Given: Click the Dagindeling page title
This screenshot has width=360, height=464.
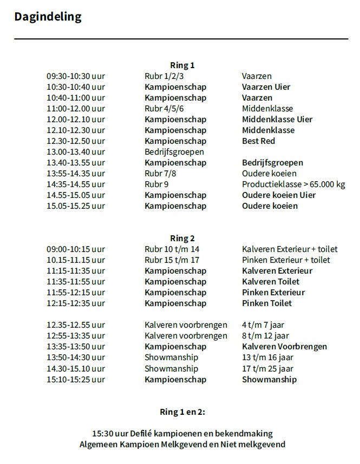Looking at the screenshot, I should [48, 17].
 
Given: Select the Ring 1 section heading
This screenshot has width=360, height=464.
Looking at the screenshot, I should [182, 65].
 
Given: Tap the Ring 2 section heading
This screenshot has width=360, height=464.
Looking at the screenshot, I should [182, 238].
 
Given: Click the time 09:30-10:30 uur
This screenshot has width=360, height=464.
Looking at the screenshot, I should [76, 76].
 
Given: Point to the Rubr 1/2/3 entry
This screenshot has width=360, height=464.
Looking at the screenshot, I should [164, 76].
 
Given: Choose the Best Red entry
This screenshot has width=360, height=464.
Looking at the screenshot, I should [258, 141].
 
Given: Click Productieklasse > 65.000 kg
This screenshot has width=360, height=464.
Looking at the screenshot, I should [293, 184].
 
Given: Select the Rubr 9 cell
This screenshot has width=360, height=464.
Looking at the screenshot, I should [156, 184].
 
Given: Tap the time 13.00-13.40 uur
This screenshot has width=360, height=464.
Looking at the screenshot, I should [76, 152].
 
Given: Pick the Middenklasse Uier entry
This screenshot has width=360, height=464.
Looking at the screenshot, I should [277, 120].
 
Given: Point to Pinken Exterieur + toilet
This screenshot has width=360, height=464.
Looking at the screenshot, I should [286, 260].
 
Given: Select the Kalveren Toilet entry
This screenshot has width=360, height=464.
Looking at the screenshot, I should [270, 282].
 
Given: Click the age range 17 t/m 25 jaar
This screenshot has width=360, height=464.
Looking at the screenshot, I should [267, 369].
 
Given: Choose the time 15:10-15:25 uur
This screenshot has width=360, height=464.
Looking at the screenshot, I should [76, 380].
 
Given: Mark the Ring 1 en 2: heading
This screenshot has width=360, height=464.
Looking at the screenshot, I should [182, 412].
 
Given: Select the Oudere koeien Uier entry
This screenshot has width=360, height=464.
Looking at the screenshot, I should [279, 195].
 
